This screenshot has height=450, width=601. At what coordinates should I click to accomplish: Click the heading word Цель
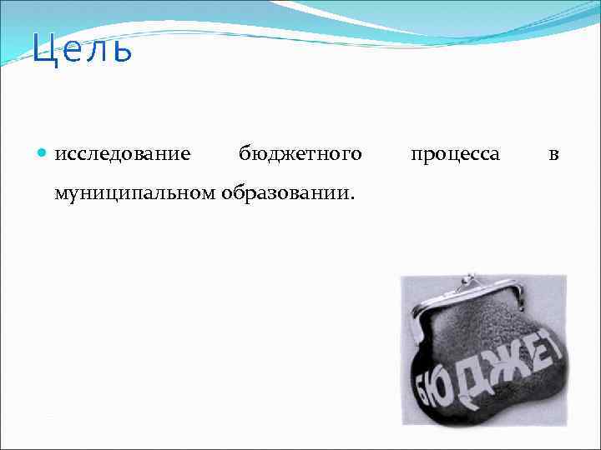tap(82, 49)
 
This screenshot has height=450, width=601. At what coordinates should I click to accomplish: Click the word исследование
tap(122, 154)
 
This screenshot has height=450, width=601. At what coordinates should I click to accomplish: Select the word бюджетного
tap(300, 154)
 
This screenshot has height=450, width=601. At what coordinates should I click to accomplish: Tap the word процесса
tap(456, 154)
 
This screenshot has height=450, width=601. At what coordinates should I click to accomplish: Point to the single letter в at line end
tap(553, 155)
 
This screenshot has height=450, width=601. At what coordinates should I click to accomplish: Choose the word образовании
tap(286, 193)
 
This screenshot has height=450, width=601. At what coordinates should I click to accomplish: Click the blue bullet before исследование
tap(43, 154)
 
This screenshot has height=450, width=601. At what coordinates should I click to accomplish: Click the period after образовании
tap(352, 198)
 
